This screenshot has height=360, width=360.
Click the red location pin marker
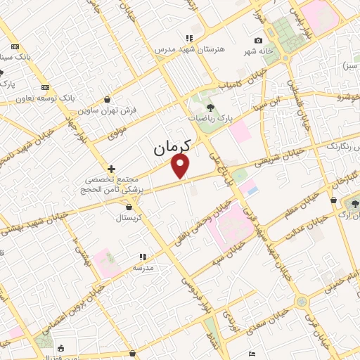(181, 166)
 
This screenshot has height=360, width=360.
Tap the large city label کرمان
(172, 148)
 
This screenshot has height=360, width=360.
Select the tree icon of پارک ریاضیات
(210, 108)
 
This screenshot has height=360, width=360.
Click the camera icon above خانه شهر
(258, 40)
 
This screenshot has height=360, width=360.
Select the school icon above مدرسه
(143, 257)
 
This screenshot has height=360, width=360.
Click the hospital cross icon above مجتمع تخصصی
(111, 169)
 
